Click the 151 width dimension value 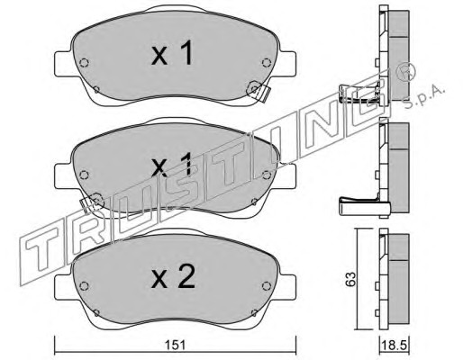(176, 345)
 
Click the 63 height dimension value (351, 279)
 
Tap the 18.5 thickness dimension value (394, 346)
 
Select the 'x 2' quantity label (173, 277)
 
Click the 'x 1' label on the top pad (172, 53)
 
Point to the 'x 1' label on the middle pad (172, 164)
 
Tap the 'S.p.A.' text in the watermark (424, 96)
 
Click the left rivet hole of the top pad (84, 63)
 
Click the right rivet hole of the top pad (267, 62)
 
